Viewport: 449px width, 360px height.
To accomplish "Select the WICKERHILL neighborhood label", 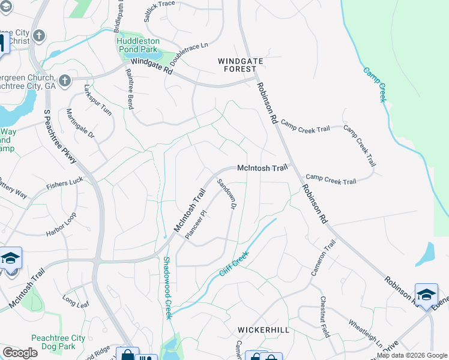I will [264, 330].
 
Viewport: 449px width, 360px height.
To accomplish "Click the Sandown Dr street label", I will [226, 194].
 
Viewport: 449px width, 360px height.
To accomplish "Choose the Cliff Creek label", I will [234, 264].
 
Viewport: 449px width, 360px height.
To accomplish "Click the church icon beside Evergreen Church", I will [65, 80].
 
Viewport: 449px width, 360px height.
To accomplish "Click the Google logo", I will [20, 353].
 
